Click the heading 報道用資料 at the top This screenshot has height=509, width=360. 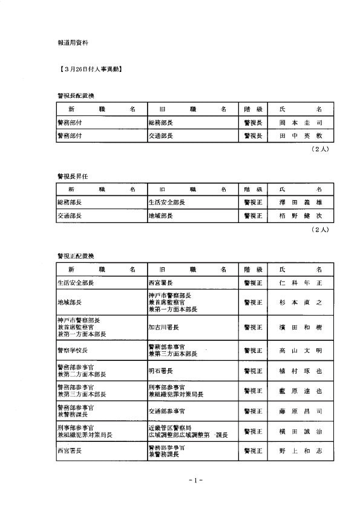click(72, 44)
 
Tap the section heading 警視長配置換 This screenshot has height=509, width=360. click(76, 96)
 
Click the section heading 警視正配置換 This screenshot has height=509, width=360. click(76, 256)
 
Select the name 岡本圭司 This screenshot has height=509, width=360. click(300, 123)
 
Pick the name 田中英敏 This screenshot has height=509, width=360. click(300, 136)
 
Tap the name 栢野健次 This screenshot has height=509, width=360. click(300, 216)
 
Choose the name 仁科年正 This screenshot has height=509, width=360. click(300, 282)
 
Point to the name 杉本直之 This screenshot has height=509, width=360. click(300, 302)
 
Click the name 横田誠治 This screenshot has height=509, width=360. click(300, 432)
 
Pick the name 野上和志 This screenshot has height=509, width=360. click(300, 451)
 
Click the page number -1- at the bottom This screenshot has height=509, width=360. click(195, 480)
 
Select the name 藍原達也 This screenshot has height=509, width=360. click(300, 391)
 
